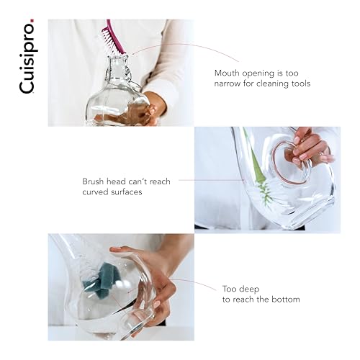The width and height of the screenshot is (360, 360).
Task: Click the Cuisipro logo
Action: click(27, 56)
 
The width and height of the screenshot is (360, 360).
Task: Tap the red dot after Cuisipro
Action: click(32, 20)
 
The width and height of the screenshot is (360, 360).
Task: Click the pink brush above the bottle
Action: click(112, 37)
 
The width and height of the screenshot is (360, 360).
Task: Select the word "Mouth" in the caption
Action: click(227, 73)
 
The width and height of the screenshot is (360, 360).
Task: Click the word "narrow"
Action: click(227, 84)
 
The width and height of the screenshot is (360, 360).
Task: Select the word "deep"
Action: click(251, 289)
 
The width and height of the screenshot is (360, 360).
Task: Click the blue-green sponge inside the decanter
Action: click(100, 280)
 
